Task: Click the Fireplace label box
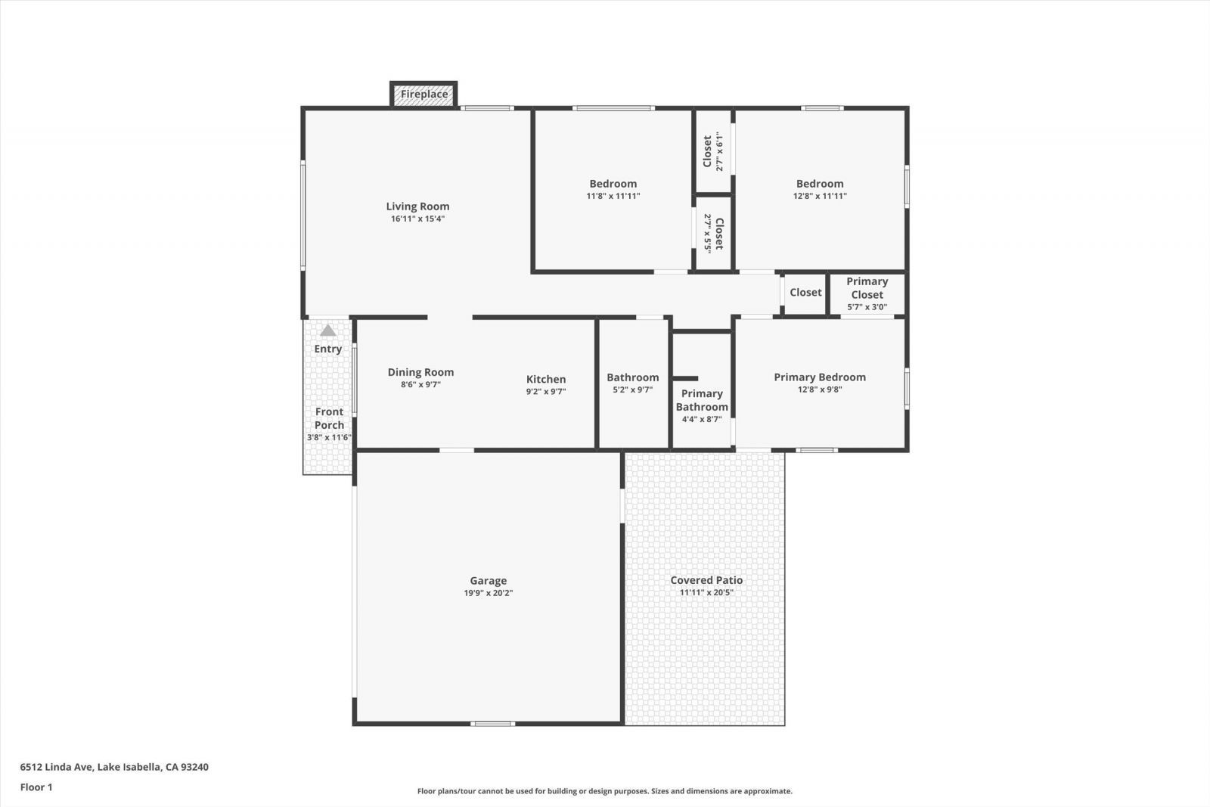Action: pos(423,95)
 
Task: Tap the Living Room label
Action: pos(417,206)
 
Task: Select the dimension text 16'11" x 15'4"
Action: pos(417,219)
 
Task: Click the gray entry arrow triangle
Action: pos(327,331)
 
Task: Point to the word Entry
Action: pos(327,349)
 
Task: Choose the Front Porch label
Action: pos(329,418)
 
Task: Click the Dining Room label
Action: pos(420,372)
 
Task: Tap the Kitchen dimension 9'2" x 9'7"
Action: pos(545,392)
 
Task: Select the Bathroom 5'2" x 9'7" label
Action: pos(632,383)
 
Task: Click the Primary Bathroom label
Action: pos(702,400)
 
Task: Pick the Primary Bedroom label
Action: pos(820,377)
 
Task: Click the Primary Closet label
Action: pos(867,288)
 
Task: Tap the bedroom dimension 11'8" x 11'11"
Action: pos(613,196)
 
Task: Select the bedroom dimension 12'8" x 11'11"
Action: pos(820,196)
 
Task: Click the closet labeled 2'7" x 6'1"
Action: pos(713,152)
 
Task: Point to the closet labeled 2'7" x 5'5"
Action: pos(713,233)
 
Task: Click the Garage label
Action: pos(488,581)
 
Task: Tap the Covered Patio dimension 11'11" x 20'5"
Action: pos(706,593)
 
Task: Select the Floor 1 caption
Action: pos(36,787)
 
